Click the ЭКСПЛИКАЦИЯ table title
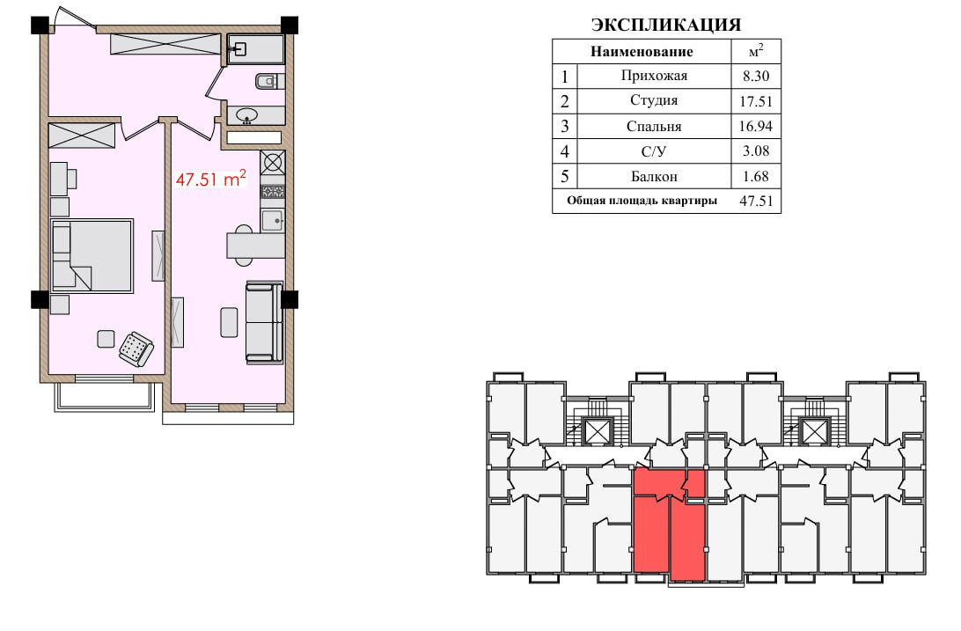point(666,25)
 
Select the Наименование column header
point(642,51)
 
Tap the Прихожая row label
point(654,76)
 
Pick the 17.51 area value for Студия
point(756,101)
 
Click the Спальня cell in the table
point(654,126)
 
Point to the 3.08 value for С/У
point(756,150)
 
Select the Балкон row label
point(654,176)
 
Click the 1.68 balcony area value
point(756,176)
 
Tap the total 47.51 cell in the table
point(756,201)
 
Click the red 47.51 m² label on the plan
point(211,179)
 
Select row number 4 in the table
point(564,151)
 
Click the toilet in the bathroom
point(269,81)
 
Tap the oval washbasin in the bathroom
point(247,114)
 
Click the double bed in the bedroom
point(92,255)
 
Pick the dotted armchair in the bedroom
point(136,349)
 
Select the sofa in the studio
point(264,322)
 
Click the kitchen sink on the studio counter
point(273,220)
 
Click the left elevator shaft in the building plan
point(595,430)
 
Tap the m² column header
point(756,51)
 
